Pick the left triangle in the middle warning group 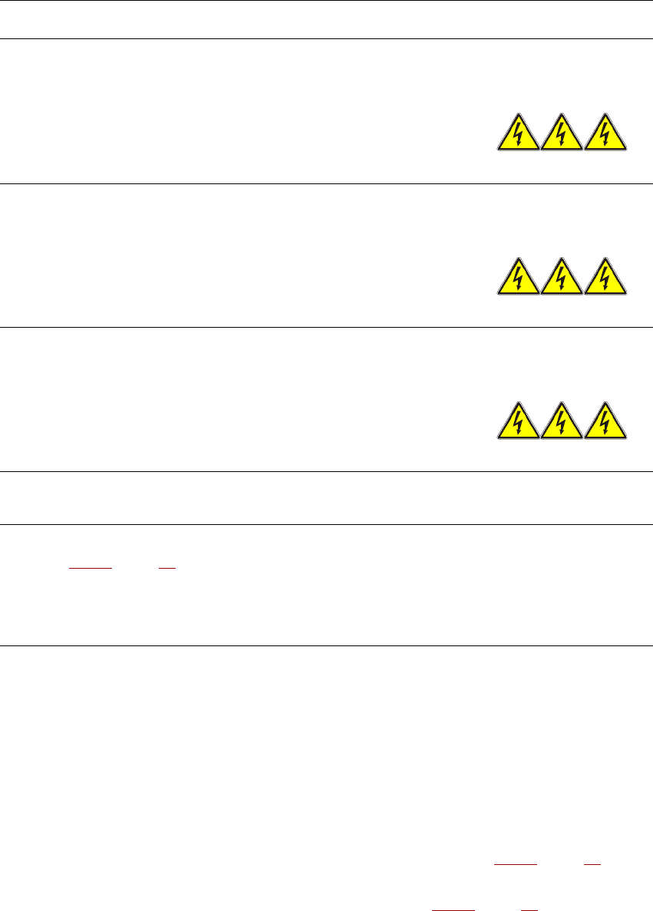click(x=519, y=278)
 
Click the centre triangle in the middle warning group click(x=562, y=278)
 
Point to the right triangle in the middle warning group click(x=606, y=278)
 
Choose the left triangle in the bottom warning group click(x=519, y=422)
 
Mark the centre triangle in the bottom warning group click(x=562, y=422)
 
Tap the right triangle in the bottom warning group click(x=606, y=422)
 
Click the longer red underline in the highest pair click(x=91, y=569)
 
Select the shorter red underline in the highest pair click(x=167, y=569)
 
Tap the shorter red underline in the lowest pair click(x=529, y=908)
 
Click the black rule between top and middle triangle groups click(x=326, y=183)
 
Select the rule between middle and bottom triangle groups click(x=326, y=328)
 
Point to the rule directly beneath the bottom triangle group click(x=326, y=471)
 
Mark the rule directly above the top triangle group click(x=326, y=39)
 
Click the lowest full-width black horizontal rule click(x=326, y=645)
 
